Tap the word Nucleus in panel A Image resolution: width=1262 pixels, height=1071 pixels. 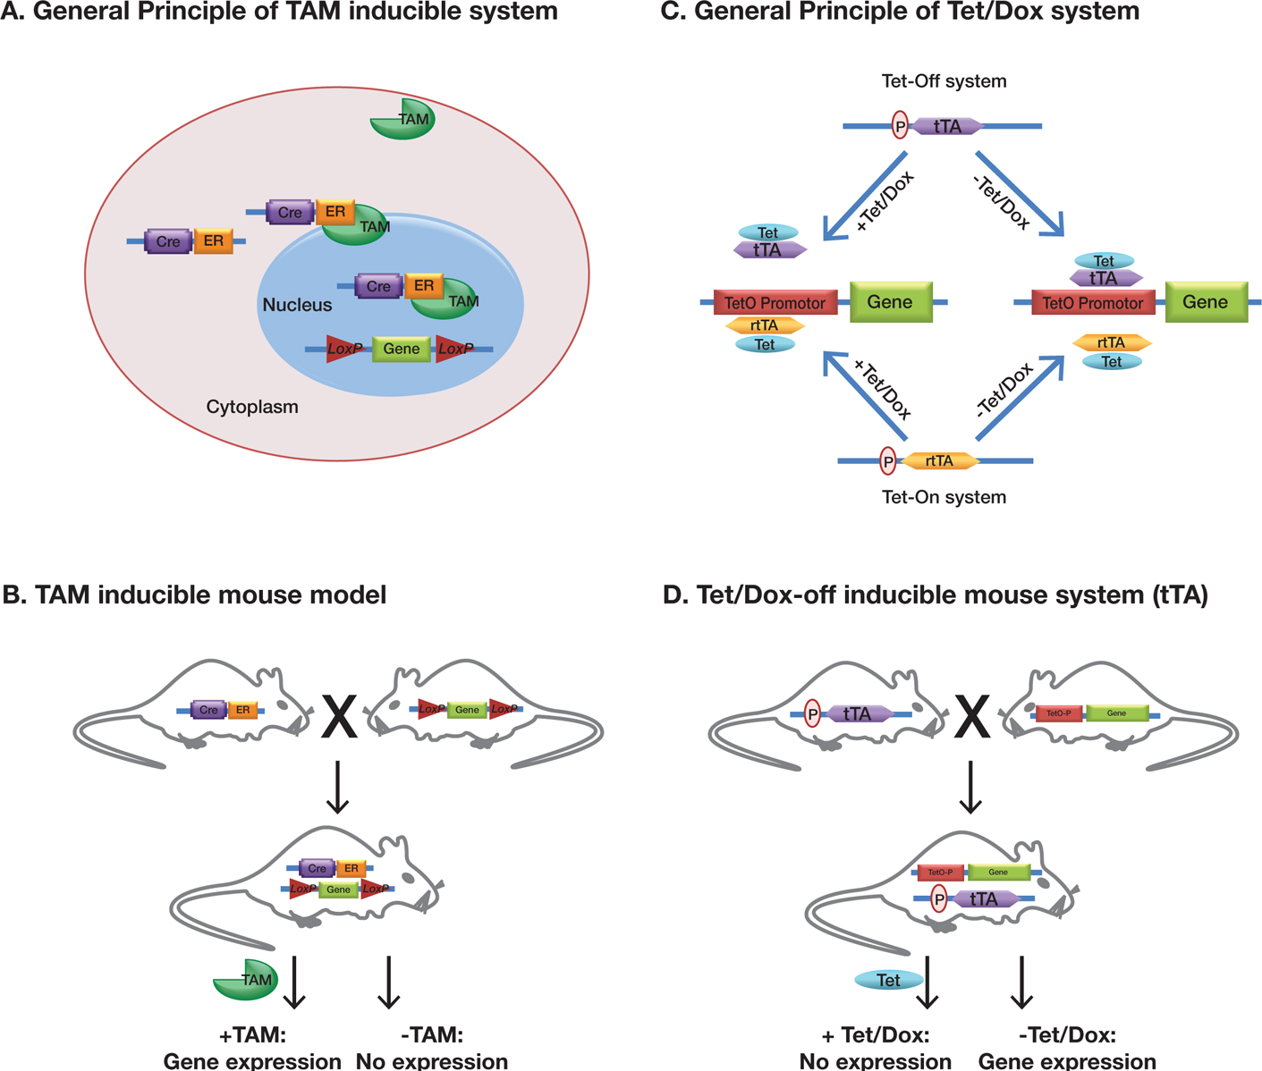click(x=297, y=305)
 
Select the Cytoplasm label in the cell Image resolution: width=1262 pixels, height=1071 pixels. click(x=252, y=407)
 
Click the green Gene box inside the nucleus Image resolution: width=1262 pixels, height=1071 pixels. click(x=401, y=349)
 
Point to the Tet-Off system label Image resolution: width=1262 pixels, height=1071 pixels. click(x=944, y=81)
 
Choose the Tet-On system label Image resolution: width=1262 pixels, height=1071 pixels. click(x=944, y=497)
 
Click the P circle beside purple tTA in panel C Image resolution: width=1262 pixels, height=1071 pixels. click(x=900, y=126)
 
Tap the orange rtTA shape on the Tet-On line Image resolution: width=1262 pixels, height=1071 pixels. click(x=939, y=461)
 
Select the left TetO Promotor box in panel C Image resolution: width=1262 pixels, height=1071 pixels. click(x=775, y=303)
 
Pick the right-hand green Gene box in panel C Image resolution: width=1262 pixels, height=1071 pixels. click(x=1205, y=302)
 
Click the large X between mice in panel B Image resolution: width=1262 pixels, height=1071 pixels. click(x=339, y=717)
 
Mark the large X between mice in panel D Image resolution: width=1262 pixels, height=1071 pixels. click(x=971, y=717)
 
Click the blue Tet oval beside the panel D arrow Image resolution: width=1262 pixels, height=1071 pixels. click(x=888, y=980)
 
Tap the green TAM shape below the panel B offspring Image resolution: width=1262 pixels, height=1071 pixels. click(x=245, y=980)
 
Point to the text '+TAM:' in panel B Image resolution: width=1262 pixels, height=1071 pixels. click(x=252, y=1035)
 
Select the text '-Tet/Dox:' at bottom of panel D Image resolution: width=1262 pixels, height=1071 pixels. click(x=1067, y=1035)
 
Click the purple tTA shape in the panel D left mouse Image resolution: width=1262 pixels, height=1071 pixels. click(x=857, y=714)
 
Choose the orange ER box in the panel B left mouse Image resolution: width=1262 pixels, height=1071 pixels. click(x=242, y=710)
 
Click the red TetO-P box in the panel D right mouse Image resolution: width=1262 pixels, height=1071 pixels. click(x=1058, y=713)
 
